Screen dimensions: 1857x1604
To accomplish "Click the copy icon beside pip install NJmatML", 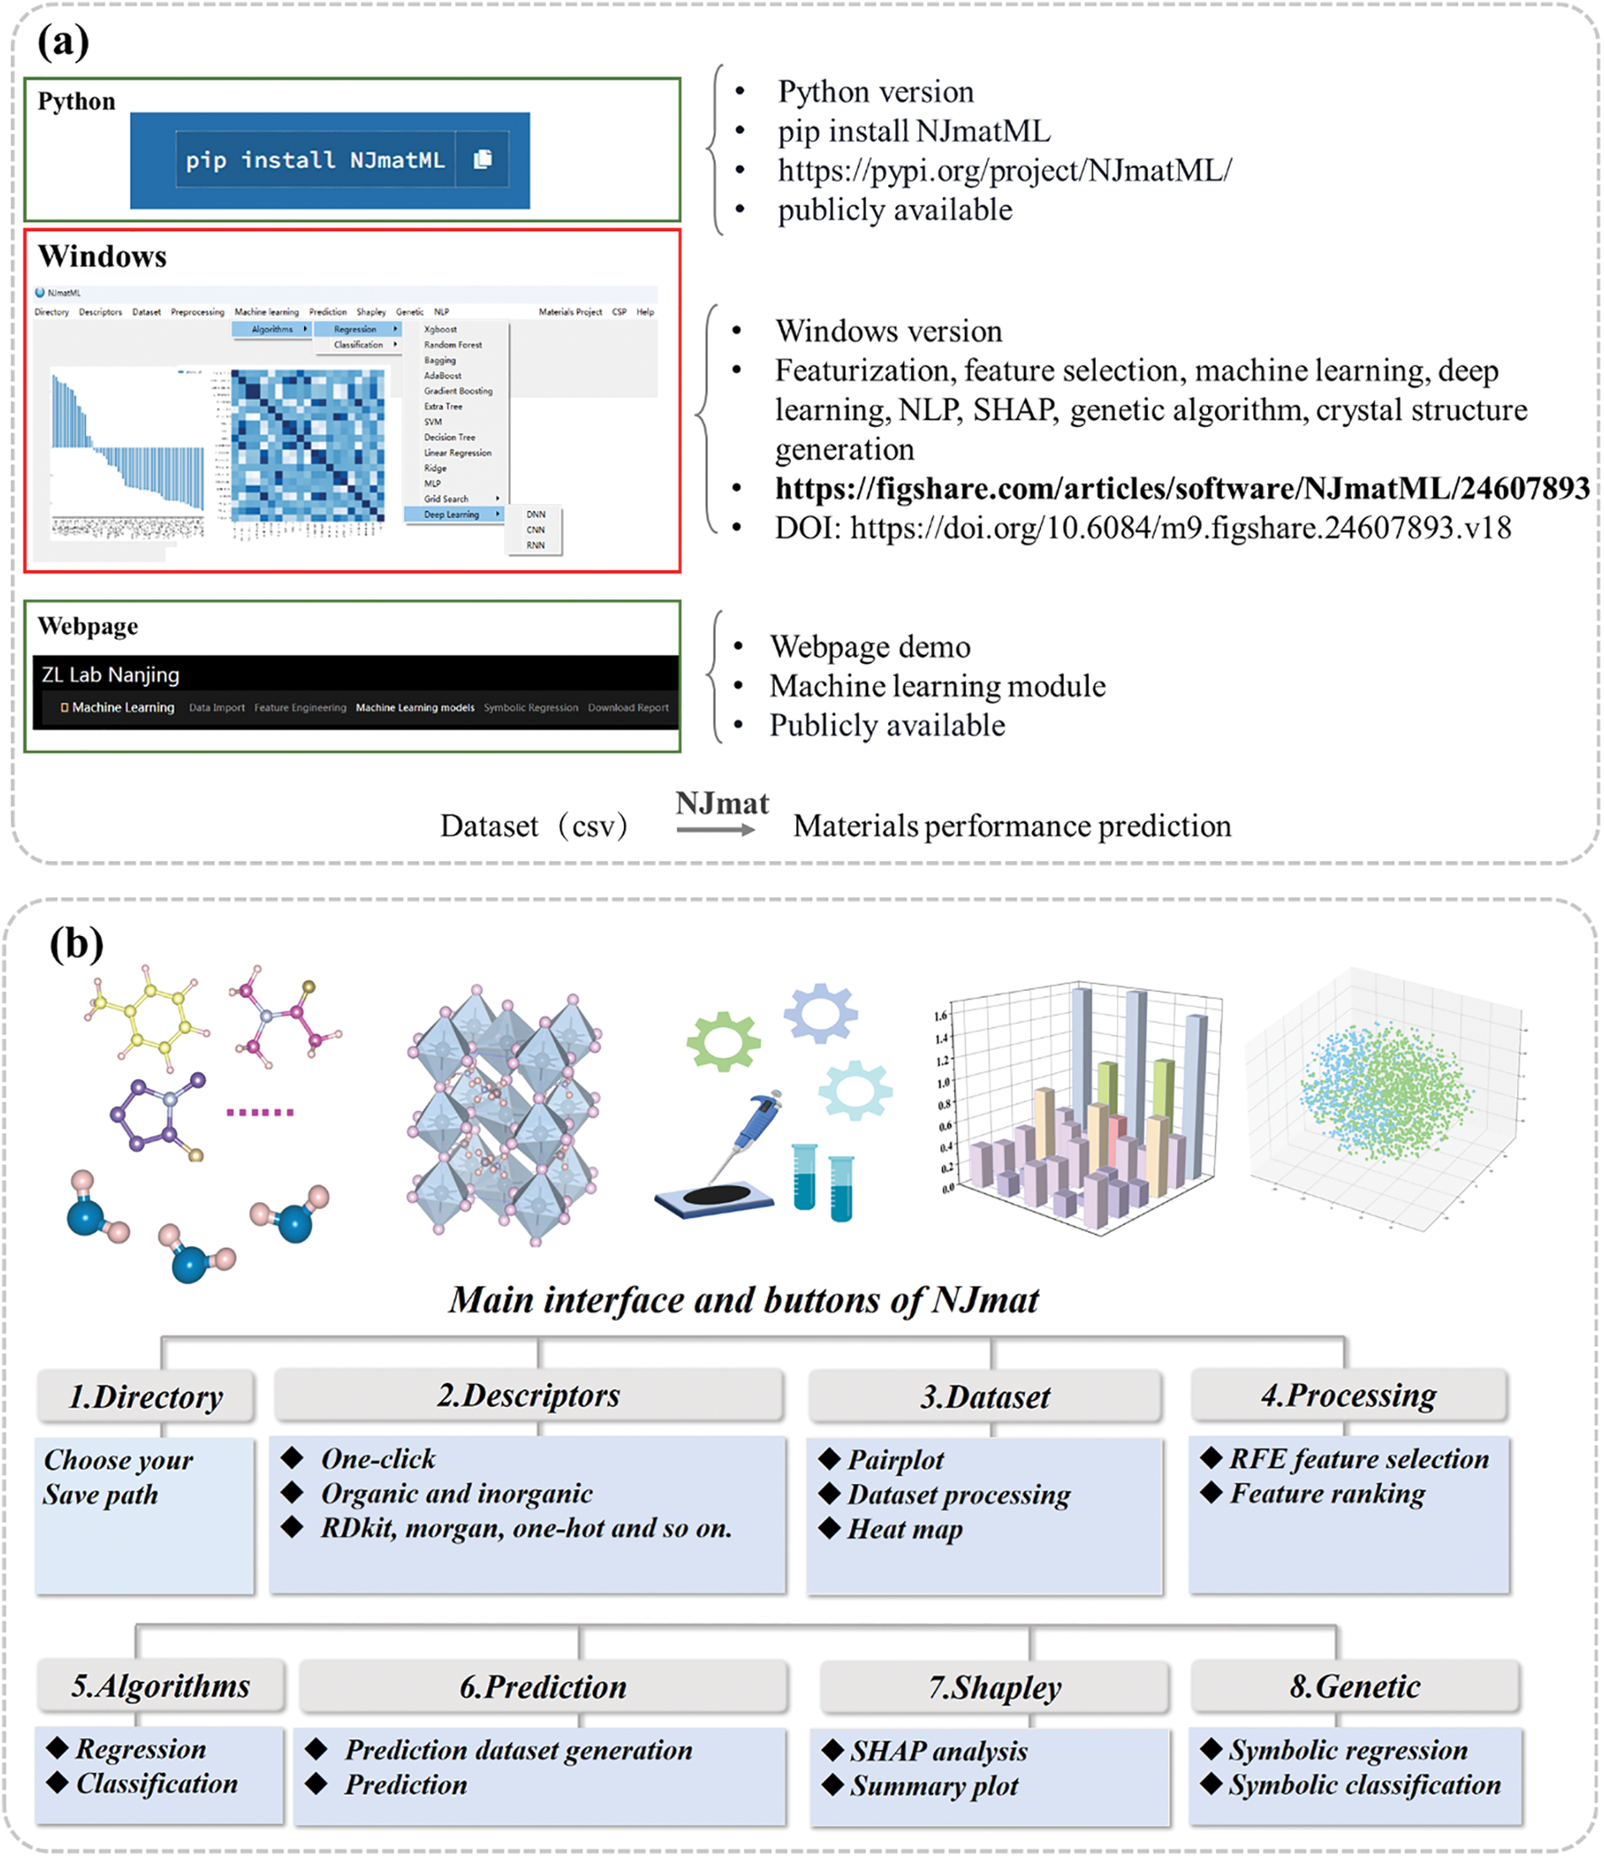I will [x=482, y=160].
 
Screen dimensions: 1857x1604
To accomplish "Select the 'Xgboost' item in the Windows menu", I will [x=439, y=329].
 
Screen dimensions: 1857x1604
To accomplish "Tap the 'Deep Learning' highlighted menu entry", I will [x=452, y=514].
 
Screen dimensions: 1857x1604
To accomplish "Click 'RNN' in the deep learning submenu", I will [x=535, y=545].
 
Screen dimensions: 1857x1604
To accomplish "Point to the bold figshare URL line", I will [x=1182, y=489].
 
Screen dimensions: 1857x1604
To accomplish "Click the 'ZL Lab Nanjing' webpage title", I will [x=111, y=675].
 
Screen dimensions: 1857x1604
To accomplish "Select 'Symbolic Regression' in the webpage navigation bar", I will [x=531, y=707].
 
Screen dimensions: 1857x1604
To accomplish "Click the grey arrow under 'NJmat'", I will [x=716, y=830].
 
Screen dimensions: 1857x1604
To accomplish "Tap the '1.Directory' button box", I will [x=145, y=1396].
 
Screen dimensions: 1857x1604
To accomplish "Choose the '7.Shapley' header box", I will [x=994, y=1687].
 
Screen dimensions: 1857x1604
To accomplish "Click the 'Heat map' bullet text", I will [x=904, y=1529].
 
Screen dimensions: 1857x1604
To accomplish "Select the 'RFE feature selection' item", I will [x=1357, y=1459].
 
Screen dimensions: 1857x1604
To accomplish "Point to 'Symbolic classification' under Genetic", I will [x=1363, y=1784].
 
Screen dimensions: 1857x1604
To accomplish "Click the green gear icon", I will [x=723, y=1042].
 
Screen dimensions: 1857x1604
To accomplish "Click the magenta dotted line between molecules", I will [x=260, y=1113].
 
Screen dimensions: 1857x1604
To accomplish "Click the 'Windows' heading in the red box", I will [x=102, y=257].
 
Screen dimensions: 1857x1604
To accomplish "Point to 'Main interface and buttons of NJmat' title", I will [x=743, y=1300].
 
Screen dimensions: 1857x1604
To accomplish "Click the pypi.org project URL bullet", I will [x=1003, y=171].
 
